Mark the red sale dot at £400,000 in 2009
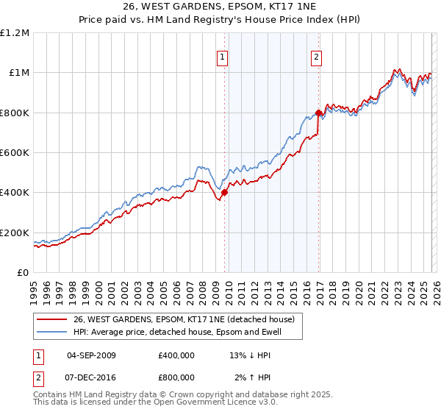click(x=224, y=193)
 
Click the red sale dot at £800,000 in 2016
click(x=318, y=113)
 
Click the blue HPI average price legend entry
click(x=187, y=332)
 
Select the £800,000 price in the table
click(x=176, y=376)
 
